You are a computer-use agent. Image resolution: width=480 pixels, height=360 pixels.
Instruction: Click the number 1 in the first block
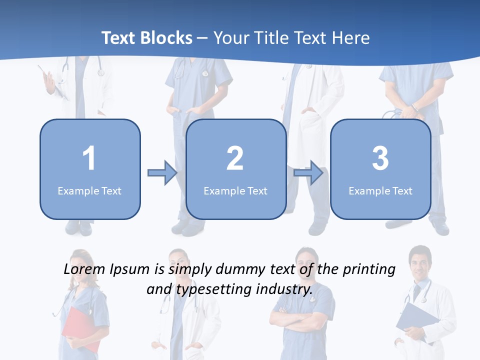pyautogui.click(x=89, y=158)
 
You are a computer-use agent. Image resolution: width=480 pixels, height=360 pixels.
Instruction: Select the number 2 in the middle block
pyautogui.click(x=235, y=158)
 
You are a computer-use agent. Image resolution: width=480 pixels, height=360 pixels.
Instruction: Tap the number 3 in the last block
pyautogui.click(x=380, y=158)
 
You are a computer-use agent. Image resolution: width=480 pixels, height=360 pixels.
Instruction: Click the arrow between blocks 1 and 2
pyautogui.click(x=162, y=173)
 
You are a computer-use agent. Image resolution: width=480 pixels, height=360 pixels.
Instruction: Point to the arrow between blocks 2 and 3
pyautogui.click(x=308, y=173)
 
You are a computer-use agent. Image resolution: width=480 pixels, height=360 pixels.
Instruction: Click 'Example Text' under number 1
pyautogui.click(x=89, y=190)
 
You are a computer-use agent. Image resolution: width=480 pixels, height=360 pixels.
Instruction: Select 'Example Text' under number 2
pyautogui.click(x=235, y=190)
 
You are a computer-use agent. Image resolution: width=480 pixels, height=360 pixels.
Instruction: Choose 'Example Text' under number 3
pyautogui.click(x=380, y=190)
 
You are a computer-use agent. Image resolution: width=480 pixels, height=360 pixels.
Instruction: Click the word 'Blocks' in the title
pyautogui.click(x=166, y=38)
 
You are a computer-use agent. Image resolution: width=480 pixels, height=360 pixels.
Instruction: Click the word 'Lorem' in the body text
pyautogui.click(x=85, y=269)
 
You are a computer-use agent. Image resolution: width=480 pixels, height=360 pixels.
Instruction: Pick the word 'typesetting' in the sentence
pyautogui.click(x=213, y=289)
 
